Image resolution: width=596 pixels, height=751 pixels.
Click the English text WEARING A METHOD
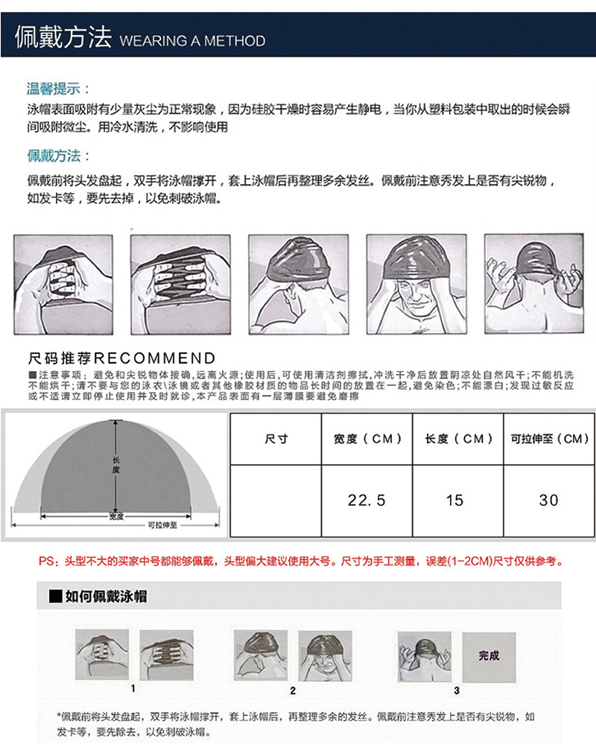pyautogui.click(x=191, y=40)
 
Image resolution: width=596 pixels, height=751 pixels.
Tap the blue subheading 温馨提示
pyautogui.click(x=54, y=89)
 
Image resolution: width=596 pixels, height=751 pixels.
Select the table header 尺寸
pyautogui.click(x=276, y=439)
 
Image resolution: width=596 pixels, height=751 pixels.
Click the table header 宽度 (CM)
pyautogui.click(x=367, y=439)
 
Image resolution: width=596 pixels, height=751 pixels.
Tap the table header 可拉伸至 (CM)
pyautogui.click(x=550, y=439)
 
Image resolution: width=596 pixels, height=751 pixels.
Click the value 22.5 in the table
pyautogui.click(x=367, y=500)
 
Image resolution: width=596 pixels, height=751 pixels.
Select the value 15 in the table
pyautogui.click(x=454, y=500)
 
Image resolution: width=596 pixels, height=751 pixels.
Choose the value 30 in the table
pyautogui.click(x=549, y=500)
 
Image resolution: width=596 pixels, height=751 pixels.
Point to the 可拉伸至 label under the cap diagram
pyautogui.click(x=162, y=525)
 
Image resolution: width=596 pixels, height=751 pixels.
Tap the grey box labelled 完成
pyautogui.click(x=489, y=656)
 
